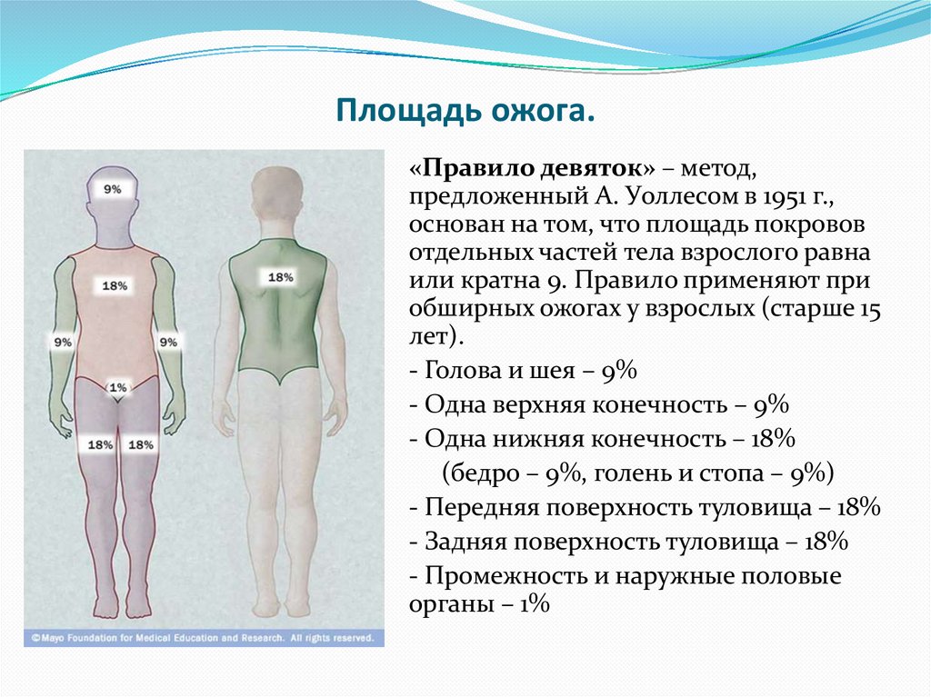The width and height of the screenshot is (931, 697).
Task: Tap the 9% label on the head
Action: click(113, 190)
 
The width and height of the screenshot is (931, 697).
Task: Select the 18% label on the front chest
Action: click(115, 285)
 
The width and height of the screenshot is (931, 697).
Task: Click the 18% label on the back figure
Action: click(280, 277)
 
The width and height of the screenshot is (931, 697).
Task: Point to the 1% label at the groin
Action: click(116, 387)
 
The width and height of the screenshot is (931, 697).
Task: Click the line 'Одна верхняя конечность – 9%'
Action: click(597, 404)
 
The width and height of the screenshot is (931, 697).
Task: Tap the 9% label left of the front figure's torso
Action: click(63, 343)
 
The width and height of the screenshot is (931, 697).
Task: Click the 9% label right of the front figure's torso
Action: click(168, 343)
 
